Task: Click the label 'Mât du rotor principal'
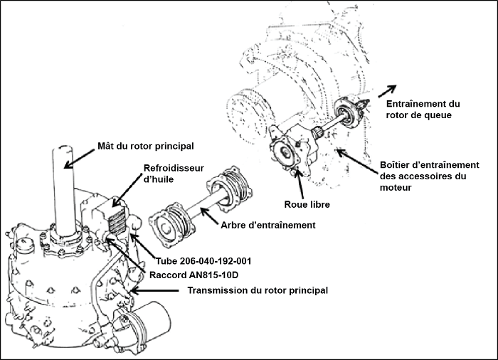point(145,146)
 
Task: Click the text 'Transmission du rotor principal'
point(257,290)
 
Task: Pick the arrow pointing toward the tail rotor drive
point(387,90)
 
